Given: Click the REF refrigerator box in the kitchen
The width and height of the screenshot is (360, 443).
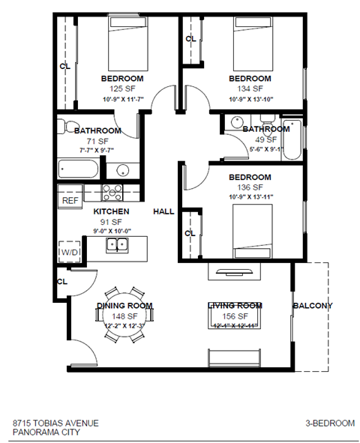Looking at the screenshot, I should pyautogui.click(x=70, y=200).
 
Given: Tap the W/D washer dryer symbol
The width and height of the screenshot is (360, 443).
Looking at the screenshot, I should pyautogui.click(x=69, y=253).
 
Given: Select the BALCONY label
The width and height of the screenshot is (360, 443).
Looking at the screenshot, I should pyautogui.click(x=313, y=305).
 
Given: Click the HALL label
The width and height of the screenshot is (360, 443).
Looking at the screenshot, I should pyautogui.click(x=163, y=212).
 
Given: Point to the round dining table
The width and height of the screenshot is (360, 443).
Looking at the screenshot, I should pyautogui.click(x=124, y=313).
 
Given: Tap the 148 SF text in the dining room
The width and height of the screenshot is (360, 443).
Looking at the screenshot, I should pyautogui.click(x=124, y=316).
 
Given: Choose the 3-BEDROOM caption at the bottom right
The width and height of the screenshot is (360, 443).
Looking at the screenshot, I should pyautogui.click(x=331, y=423).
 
